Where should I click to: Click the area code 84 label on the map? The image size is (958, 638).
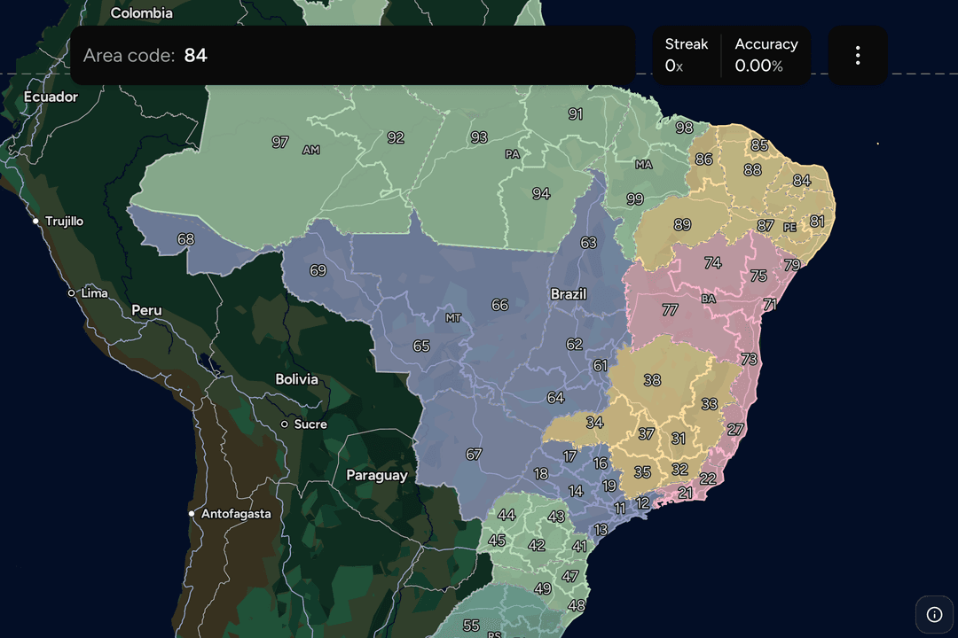coord(802,181)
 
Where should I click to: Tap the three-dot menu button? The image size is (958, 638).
coord(858,56)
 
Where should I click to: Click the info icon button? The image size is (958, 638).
coord(934,614)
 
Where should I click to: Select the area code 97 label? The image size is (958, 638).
coord(280,142)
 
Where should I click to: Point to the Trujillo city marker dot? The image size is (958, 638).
coord(35,221)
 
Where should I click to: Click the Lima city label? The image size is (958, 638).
coord(94,293)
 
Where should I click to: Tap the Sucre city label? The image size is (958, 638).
coord(310,424)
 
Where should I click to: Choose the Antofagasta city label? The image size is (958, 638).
coord(236,514)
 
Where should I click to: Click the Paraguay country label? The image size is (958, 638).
coord(377,476)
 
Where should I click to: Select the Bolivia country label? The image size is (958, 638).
coord(296,379)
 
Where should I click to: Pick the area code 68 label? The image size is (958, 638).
coord(185,239)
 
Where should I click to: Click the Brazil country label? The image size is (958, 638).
coord(569,294)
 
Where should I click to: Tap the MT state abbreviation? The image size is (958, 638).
coord(453,318)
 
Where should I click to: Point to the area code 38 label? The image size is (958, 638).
coord(652,380)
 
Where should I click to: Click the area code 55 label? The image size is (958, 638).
coord(471,626)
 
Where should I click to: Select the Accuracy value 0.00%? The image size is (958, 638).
coord(759,66)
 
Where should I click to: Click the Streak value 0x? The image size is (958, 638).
coord(674,66)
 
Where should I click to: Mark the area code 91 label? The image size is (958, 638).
coord(576,114)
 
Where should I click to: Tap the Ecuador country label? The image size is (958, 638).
coord(51,97)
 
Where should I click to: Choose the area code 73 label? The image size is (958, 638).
coord(750,359)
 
